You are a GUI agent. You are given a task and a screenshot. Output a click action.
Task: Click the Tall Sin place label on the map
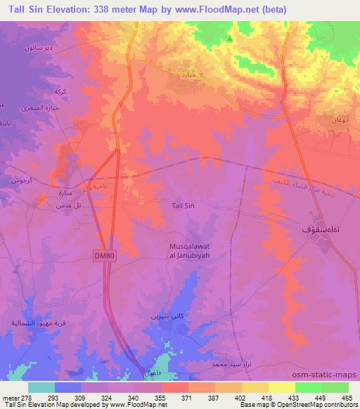183,205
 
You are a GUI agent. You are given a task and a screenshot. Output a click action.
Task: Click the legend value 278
26,397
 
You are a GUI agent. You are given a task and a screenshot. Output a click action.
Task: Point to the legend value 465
347,397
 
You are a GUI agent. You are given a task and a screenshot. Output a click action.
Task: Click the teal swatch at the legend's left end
41,387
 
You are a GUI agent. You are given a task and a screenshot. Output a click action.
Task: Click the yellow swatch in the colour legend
281,387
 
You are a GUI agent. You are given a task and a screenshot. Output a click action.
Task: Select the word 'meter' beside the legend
9,397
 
